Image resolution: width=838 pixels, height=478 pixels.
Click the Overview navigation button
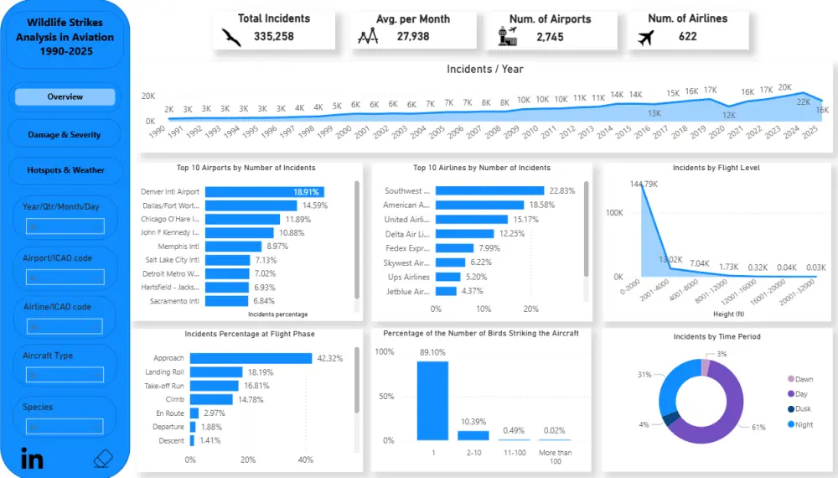pos(65,96)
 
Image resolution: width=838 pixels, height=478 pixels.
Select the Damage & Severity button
pos(65,134)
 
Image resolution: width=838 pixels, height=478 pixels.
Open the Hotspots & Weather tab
pos(65,170)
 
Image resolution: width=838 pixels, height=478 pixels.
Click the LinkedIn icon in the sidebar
pos(33,459)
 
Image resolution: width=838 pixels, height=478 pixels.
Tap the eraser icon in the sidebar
pos(102,459)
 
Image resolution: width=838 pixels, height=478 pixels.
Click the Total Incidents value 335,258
pos(273,37)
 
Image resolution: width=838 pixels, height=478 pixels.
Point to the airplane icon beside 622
pos(645,37)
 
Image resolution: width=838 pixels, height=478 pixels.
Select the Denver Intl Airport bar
pos(264,192)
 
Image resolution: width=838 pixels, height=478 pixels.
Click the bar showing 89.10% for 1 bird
pos(432,401)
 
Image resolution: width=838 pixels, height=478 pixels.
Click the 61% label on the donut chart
pos(758,428)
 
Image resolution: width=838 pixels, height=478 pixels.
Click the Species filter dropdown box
pos(65,425)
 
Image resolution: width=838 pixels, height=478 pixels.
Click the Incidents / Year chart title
pos(484,70)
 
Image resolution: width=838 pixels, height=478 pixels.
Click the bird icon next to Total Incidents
pos(231,37)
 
